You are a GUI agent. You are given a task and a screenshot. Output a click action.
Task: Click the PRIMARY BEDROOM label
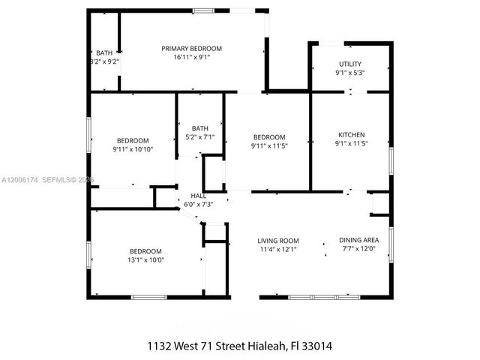(192, 48)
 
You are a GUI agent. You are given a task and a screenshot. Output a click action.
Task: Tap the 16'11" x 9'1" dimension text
(192, 57)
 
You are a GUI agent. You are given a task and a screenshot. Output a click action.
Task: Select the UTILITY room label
(350, 64)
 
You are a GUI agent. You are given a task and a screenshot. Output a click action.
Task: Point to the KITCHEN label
(350, 134)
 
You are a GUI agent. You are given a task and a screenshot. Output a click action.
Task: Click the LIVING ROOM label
(278, 240)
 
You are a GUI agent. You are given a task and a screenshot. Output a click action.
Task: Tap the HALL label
(199, 195)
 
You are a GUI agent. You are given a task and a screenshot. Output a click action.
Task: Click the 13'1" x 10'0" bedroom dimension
(145, 260)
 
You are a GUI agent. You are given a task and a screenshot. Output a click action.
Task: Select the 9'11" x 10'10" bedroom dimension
(132, 150)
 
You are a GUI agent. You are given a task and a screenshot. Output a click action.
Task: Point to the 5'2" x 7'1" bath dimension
(199, 136)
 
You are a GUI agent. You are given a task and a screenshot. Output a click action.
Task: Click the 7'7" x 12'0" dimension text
(358, 249)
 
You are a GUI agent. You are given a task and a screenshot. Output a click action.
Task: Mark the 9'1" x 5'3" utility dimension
(350, 73)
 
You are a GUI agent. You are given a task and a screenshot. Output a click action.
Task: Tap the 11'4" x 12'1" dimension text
(278, 249)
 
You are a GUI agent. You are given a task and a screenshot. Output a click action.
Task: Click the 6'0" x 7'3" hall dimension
(199, 204)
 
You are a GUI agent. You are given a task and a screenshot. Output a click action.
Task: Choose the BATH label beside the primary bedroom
(104, 52)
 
